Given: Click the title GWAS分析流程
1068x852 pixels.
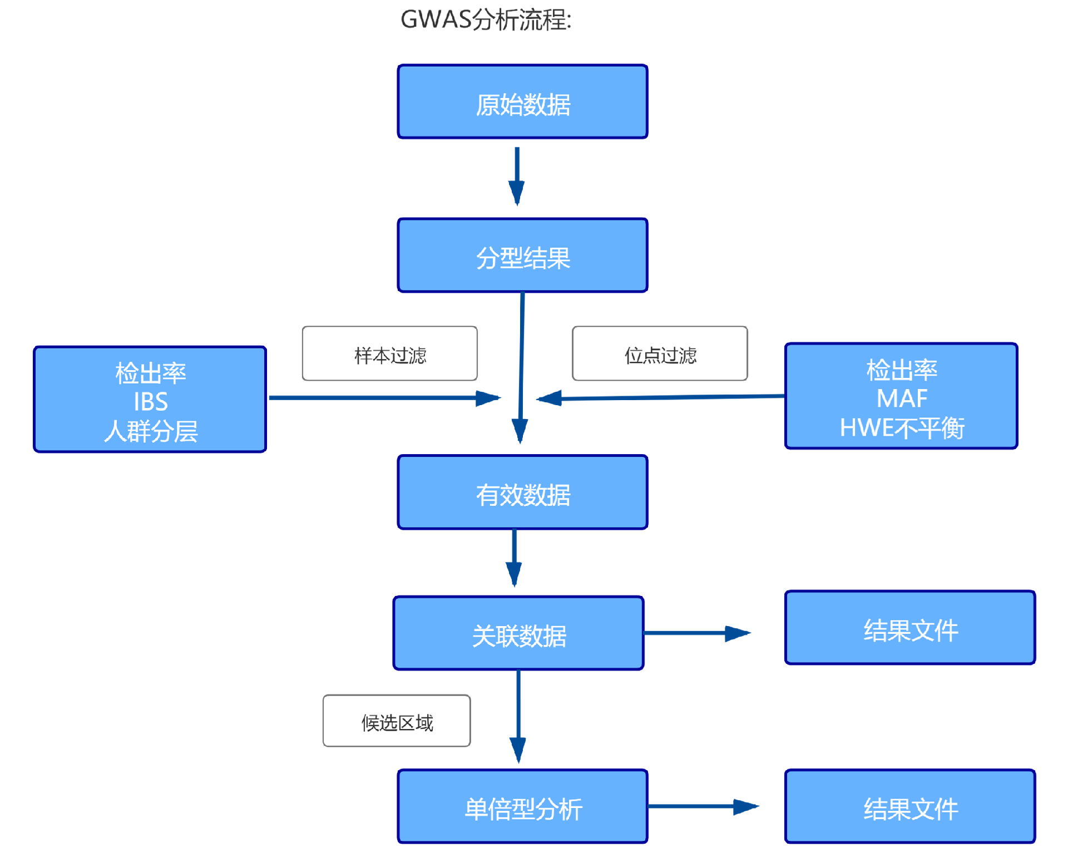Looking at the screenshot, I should (486, 20).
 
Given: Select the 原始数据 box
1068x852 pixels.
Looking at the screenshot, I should (522, 102).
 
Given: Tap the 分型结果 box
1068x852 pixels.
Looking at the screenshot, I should (522, 255).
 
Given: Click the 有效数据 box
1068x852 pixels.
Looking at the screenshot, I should (522, 493).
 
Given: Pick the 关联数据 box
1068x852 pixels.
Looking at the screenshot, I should (518, 633).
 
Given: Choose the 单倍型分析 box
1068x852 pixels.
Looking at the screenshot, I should (522, 806).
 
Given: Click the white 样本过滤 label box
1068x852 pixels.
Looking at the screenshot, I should (389, 354).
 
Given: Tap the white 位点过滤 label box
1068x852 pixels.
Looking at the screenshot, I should (660, 354).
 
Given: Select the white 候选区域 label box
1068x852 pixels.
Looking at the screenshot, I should (397, 721).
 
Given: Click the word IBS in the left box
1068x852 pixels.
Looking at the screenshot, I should (150, 401).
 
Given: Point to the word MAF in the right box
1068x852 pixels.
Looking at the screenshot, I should (902, 398).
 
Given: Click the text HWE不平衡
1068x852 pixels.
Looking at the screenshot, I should (902, 428).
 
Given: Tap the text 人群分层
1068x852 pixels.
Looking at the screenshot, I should (150, 431).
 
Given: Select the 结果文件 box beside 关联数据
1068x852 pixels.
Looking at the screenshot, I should (910, 628).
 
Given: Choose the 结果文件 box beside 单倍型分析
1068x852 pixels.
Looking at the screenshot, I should (910, 806).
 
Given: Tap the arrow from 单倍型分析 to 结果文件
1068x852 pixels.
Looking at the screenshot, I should (702, 806).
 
